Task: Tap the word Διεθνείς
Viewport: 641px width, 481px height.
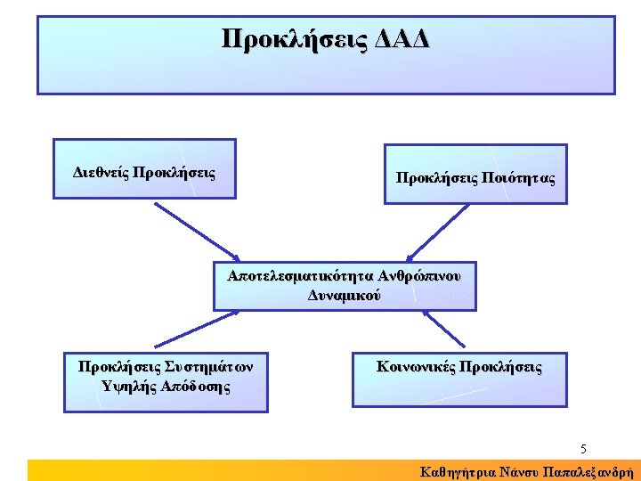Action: click(x=99, y=172)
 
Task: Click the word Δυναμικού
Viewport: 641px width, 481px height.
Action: click(x=345, y=295)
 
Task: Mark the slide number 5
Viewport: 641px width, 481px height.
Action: click(x=583, y=448)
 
